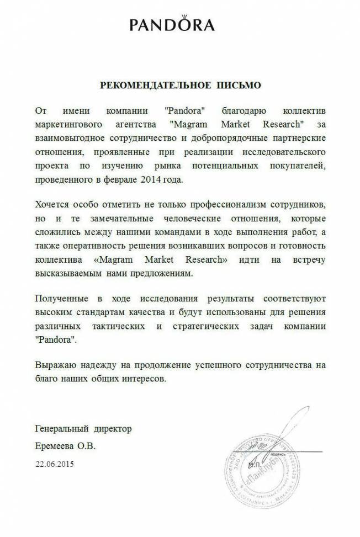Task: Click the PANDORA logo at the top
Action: (x=172, y=25)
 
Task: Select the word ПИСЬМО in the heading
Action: (x=239, y=86)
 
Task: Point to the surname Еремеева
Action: (x=54, y=445)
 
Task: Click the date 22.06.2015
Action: (x=54, y=464)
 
